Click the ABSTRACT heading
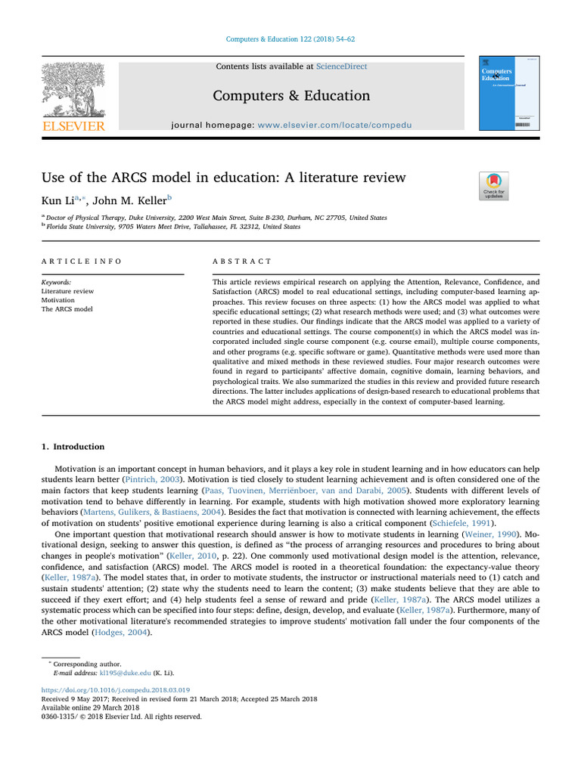pos(242,261)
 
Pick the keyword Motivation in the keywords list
pos(58,300)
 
